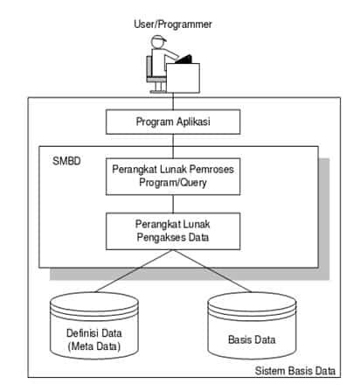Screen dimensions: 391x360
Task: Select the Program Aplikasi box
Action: [172, 121]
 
